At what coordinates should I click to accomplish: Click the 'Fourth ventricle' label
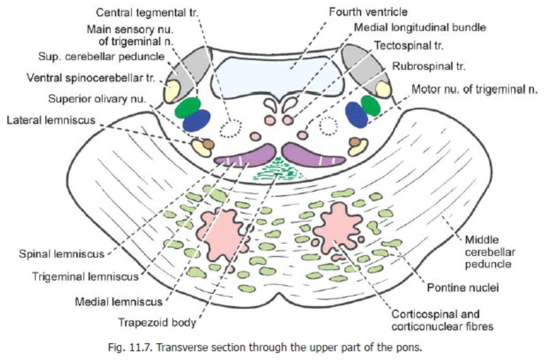click(x=368, y=12)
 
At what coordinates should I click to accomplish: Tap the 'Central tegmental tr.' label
click(x=147, y=13)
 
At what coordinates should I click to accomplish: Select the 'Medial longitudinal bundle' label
click(x=420, y=28)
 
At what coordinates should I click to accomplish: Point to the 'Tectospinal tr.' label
click(x=409, y=46)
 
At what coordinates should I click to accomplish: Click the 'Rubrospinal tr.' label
click(x=428, y=66)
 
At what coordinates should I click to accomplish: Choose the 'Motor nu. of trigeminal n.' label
click(x=474, y=89)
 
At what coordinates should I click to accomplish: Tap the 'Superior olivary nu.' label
click(x=97, y=99)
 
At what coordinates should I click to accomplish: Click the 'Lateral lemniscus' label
click(x=51, y=120)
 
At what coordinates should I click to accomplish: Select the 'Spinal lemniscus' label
click(x=62, y=254)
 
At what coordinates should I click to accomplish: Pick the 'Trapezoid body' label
click(x=157, y=322)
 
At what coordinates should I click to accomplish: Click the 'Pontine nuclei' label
click(x=462, y=287)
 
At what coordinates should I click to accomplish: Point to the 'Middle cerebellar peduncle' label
click(x=490, y=252)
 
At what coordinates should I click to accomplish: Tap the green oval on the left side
click(x=188, y=107)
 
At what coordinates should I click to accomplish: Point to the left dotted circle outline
click(x=230, y=127)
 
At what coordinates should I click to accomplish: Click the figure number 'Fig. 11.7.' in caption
click(x=130, y=347)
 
